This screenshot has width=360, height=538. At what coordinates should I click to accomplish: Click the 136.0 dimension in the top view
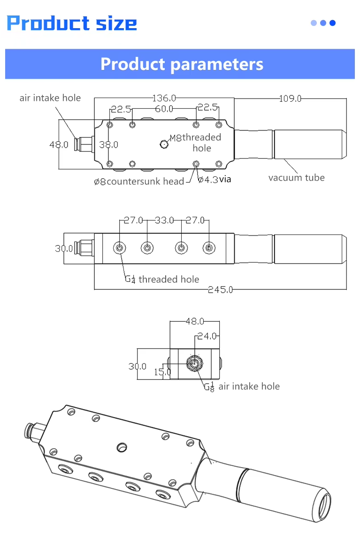pos(164,98)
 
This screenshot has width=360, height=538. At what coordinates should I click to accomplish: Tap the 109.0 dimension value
pos(291,99)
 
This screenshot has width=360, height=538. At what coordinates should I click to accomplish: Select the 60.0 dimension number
pos(164,109)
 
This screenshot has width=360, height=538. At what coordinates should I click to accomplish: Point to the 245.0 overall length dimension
pos(220,290)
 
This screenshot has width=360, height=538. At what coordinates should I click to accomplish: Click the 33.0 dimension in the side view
pos(164,220)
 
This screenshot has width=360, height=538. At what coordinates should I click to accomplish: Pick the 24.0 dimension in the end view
pos(207,336)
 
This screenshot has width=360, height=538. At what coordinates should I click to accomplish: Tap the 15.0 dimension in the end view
pos(162,372)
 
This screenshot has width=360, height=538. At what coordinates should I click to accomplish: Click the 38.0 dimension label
pos(108,145)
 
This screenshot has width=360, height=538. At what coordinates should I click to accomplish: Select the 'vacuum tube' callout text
pos(297,178)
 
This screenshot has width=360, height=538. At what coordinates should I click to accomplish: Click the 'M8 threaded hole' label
pos(196,143)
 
